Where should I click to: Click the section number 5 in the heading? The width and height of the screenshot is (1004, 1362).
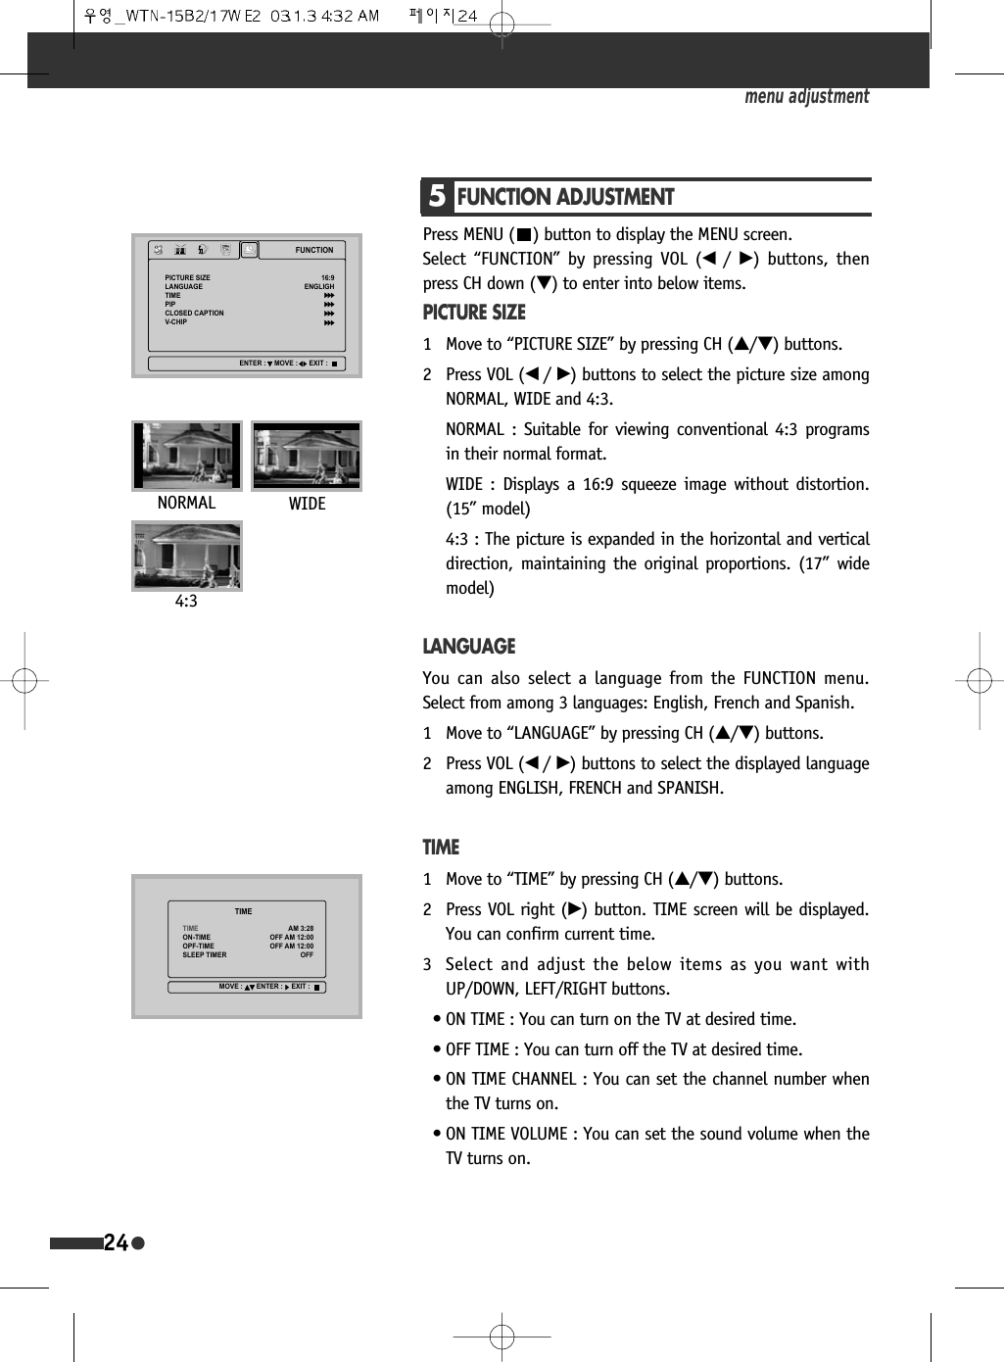(437, 197)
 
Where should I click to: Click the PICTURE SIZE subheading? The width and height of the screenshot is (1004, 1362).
(474, 313)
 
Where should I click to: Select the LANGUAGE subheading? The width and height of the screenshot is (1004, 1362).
(468, 647)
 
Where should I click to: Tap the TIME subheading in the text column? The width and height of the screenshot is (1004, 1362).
(441, 848)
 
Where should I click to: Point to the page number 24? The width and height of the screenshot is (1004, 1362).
(116, 1243)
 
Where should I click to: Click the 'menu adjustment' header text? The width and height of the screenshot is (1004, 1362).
(806, 96)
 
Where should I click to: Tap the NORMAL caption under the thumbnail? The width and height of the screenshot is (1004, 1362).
(186, 503)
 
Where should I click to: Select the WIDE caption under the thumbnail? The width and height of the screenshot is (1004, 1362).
(307, 504)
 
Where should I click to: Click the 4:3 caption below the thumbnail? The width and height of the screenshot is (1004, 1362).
(186, 602)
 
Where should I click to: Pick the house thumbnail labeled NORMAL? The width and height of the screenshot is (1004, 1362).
(187, 456)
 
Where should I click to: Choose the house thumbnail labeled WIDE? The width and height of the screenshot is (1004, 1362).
(307, 456)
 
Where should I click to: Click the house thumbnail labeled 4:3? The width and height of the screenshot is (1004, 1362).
(187, 556)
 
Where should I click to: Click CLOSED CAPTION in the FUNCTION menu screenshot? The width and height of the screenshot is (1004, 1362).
(194, 314)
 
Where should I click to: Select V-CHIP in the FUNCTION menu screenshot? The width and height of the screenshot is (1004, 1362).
(175, 322)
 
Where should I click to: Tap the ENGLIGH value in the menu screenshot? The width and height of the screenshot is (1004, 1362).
(319, 287)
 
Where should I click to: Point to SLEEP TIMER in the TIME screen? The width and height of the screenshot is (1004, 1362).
(204, 954)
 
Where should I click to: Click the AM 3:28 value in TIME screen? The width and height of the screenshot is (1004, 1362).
(301, 928)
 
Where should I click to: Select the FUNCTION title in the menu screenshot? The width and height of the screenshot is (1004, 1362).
(314, 250)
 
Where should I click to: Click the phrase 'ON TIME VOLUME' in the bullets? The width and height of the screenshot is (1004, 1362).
(506, 1134)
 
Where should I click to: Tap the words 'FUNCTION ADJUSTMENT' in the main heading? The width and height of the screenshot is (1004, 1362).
(565, 197)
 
